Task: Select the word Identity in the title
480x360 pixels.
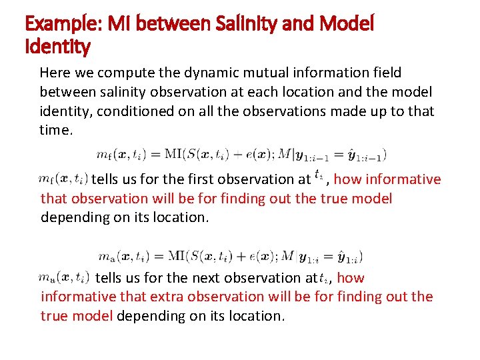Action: pyautogui.click(x=57, y=47)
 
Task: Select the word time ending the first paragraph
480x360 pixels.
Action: pyautogui.click(x=54, y=129)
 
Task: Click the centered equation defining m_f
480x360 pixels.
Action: pyautogui.click(x=241, y=154)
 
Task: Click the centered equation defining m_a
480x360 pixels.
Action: pyautogui.click(x=230, y=255)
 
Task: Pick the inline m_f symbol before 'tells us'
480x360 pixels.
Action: pyautogui.click(x=64, y=179)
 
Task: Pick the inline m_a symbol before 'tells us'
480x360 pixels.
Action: pyautogui.click(x=64, y=277)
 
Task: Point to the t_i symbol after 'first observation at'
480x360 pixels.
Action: pyautogui.click(x=319, y=177)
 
